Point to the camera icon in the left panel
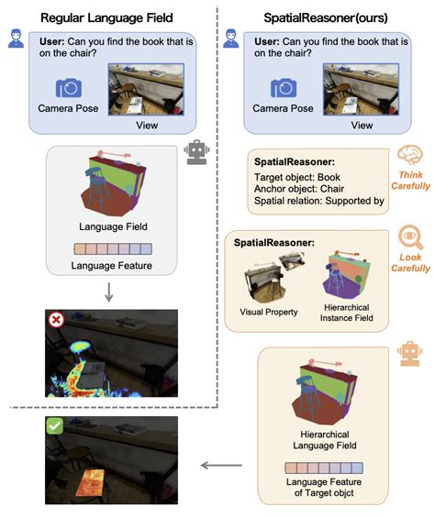(69, 88)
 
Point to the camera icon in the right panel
(284, 88)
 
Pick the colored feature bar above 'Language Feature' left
(107, 249)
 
